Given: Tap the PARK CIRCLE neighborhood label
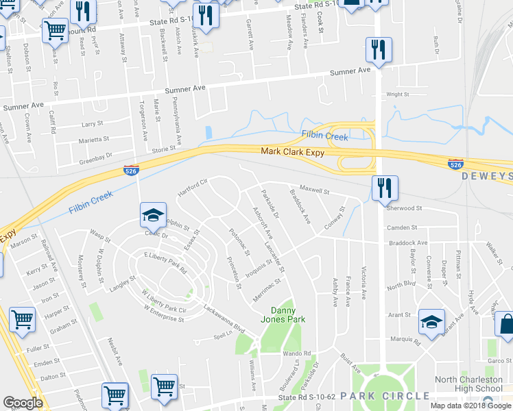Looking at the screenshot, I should [x=393, y=396].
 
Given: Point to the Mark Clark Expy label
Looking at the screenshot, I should [x=292, y=152].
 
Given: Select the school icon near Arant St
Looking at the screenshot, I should [x=431, y=321].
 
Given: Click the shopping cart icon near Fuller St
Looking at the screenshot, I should [x=23, y=319].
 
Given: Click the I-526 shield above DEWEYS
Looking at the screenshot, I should [x=455, y=164].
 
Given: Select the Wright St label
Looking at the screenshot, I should [x=397, y=95].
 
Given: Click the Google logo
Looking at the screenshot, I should [x=23, y=403].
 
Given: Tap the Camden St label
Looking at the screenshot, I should [x=402, y=227].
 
